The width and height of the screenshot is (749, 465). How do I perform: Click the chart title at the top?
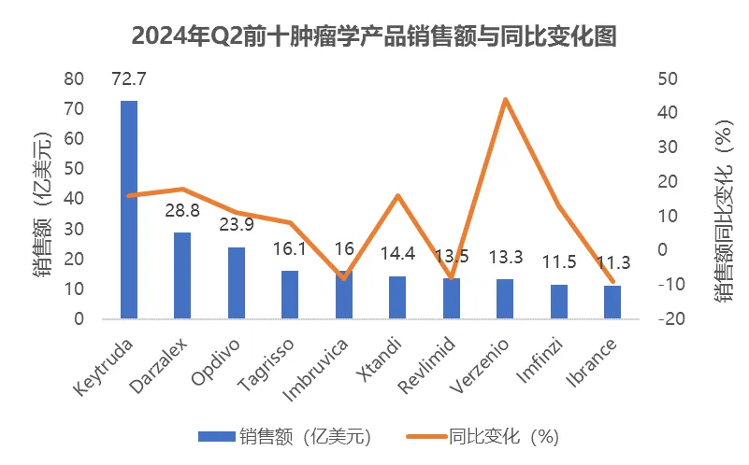tap(374, 35)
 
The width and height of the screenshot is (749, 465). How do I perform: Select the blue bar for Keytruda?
tap(129, 209)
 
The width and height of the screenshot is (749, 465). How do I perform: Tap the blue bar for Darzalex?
tap(182, 275)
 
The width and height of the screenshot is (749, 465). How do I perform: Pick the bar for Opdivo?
tap(237, 283)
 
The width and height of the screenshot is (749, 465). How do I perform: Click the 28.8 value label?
tap(183, 211)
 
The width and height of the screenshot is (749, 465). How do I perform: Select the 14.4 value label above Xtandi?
tap(398, 253)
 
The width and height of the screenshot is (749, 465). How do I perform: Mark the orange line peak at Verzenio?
tap(505, 99)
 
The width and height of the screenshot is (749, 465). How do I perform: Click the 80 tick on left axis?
tap(74, 78)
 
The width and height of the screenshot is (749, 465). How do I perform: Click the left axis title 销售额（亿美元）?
tap(41, 198)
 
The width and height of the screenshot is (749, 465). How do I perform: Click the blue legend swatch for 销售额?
tap(216, 435)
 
